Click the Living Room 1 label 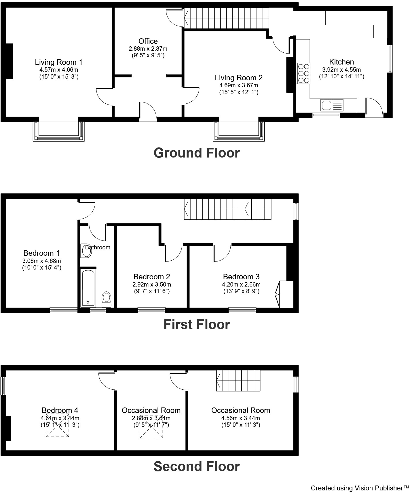coord(59,62)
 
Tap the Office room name coord(148,41)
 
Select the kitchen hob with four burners coord(303,73)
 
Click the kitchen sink coord(332,105)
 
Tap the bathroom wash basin coord(87,251)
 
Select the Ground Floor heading coord(197,153)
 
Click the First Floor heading coord(197,325)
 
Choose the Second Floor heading coord(197,467)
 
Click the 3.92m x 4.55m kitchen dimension coord(341,70)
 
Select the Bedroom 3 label coord(241,277)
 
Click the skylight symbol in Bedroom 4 coord(57,427)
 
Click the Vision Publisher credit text coord(360,488)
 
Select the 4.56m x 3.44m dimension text coord(241,418)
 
